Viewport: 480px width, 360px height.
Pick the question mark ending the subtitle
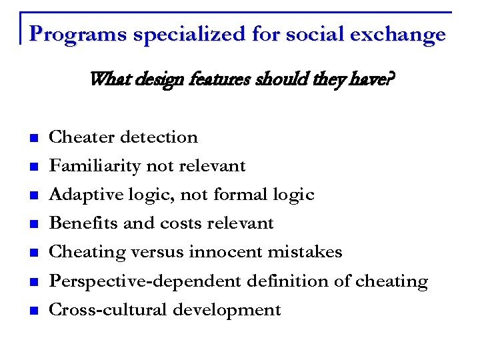click(x=390, y=81)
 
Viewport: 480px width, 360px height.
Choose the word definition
click(x=289, y=281)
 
